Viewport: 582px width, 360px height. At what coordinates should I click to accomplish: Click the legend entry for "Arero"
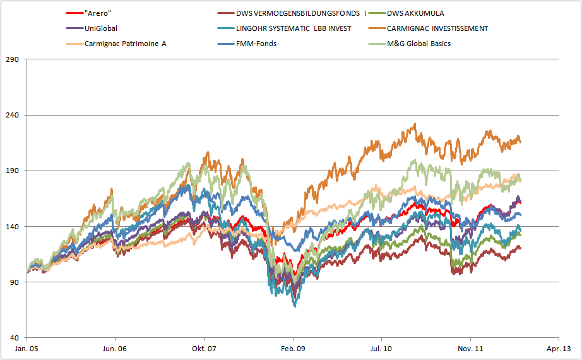click(98, 13)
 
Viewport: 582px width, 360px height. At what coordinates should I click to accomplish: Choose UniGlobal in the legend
click(101, 28)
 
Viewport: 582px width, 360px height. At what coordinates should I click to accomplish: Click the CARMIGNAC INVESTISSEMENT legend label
click(437, 28)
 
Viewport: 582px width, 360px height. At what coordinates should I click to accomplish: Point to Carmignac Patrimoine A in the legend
click(124, 44)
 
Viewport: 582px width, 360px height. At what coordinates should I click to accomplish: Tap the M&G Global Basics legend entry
click(419, 44)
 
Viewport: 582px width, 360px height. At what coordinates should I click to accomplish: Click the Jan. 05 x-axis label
click(27, 348)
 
